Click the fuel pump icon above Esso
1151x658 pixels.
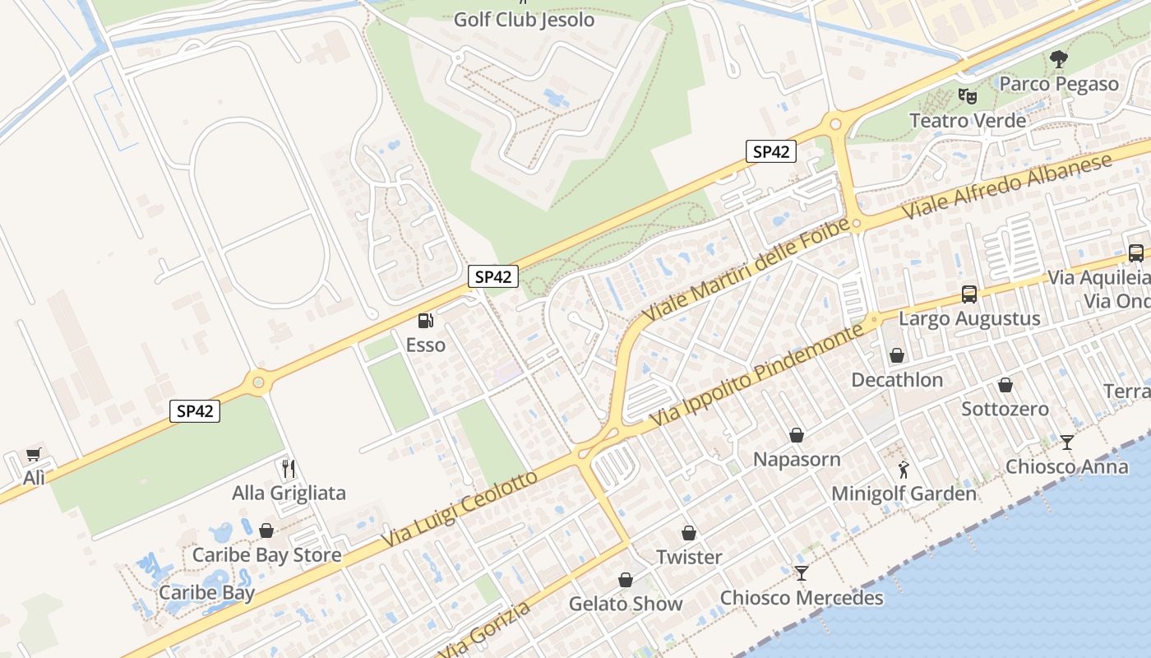(425, 321)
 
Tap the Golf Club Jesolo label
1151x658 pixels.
(524, 19)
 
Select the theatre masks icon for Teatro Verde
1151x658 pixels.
(968, 96)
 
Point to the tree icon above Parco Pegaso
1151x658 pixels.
(1059, 59)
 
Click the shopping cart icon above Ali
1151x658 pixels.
(34, 454)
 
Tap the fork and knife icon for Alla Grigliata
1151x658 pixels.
(289, 469)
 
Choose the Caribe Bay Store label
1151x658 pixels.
(266, 555)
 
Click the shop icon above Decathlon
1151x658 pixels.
(897, 355)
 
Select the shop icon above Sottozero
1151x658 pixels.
(1005, 384)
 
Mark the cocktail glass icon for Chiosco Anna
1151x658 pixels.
(1067, 443)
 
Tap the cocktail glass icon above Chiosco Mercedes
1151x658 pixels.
(802, 573)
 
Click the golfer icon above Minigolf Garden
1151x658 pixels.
(904, 470)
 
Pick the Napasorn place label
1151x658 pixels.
(797, 459)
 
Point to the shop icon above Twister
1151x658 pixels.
(689, 533)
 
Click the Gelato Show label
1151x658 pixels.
(626, 604)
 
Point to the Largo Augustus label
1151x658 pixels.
(969, 318)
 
